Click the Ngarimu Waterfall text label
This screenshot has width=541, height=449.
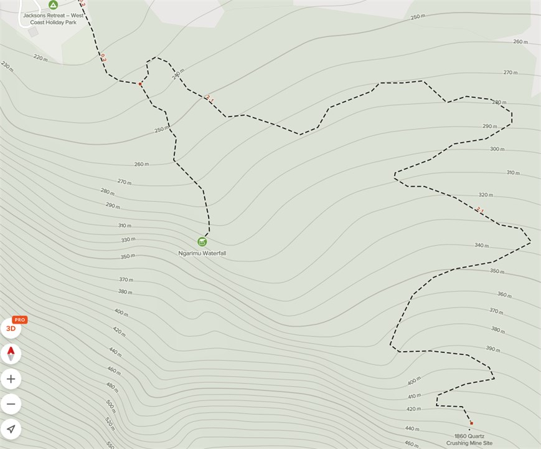point(202,253)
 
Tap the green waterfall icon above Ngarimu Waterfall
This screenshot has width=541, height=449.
point(202,241)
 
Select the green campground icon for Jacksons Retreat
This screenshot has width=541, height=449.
point(53,4)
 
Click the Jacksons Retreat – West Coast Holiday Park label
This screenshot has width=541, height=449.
point(52,17)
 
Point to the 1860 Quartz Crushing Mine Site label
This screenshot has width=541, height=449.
point(469,439)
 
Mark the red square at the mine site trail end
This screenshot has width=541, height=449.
point(471,423)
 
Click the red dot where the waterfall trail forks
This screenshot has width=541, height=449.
point(140,84)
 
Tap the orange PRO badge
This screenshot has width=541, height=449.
point(20,320)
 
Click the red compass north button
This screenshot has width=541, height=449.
point(11,354)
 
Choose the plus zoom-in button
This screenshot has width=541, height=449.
point(11,379)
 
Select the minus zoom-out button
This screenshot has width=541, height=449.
point(11,403)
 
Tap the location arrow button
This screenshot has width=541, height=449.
point(11,428)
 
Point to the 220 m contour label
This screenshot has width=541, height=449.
point(40,58)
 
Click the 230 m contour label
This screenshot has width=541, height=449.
point(7,65)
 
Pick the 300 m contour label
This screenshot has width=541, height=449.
point(497,149)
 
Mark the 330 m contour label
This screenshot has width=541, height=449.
point(128,239)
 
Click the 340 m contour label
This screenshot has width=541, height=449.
point(481,245)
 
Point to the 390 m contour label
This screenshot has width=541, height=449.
point(492,349)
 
